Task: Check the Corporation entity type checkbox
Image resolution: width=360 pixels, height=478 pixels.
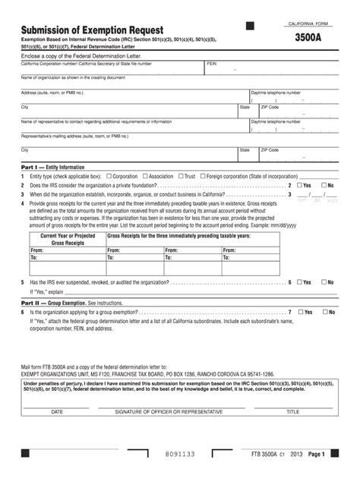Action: (109, 176)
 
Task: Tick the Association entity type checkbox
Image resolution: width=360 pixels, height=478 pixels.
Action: (144, 176)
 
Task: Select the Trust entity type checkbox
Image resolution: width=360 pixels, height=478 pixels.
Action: (181, 176)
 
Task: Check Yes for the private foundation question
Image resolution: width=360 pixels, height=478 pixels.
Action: (299, 185)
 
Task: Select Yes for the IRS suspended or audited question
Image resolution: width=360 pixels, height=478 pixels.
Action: (299, 282)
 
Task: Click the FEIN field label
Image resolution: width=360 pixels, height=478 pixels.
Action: (212, 64)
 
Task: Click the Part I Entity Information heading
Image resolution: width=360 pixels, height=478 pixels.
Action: (53, 167)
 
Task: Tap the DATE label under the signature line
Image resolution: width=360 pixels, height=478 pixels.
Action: (57, 411)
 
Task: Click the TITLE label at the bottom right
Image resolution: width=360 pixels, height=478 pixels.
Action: (292, 411)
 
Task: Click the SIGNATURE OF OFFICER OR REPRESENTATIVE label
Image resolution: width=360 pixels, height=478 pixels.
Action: (169, 411)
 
